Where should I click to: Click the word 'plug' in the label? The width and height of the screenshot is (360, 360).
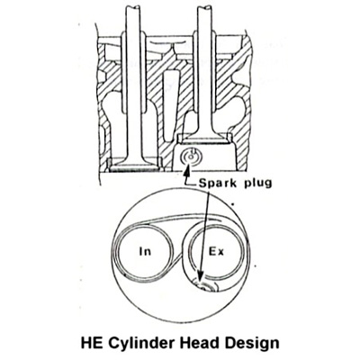coord(257,184)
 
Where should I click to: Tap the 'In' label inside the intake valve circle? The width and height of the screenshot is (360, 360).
coord(145,251)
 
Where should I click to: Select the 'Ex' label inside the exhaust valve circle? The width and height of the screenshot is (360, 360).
coord(216,251)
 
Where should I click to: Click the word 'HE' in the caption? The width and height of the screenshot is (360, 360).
coord(92,343)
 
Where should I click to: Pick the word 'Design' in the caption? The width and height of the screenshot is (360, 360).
coord(251,344)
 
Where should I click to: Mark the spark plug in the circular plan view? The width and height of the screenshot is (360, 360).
coord(204,286)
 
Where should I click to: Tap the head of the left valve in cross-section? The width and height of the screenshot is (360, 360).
coord(135,165)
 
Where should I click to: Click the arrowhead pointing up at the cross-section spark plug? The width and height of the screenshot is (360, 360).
coord(187,172)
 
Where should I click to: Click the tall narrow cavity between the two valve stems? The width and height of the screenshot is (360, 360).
coord(170,103)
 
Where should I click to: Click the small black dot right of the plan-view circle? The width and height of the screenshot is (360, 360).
coord(233,204)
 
